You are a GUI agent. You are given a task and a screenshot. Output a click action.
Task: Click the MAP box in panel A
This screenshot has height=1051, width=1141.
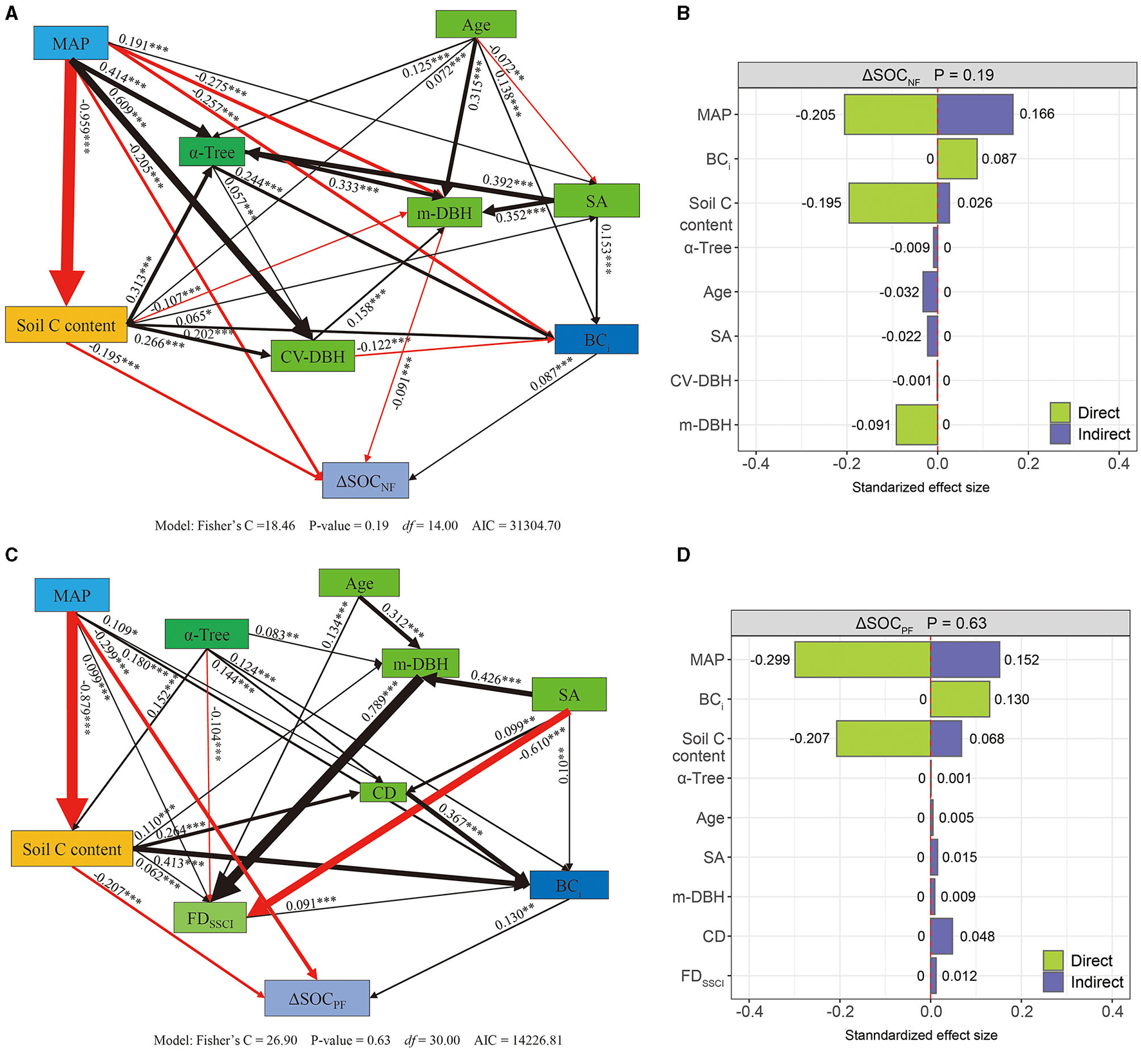click(71, 43)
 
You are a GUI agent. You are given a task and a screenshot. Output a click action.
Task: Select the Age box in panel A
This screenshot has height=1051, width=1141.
click(476, 24)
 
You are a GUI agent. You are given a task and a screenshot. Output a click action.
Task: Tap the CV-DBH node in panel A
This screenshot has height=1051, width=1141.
click(312, 356)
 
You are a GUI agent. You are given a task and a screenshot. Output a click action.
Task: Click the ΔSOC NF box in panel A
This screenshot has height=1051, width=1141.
click(365, 481)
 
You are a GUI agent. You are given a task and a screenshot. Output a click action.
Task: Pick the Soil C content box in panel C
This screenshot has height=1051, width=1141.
click(71, 849)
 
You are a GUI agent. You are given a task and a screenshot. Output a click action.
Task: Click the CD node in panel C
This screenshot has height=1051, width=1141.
click(384, 792)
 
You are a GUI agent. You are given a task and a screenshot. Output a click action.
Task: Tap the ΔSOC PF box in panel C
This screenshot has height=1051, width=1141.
click(317, 998)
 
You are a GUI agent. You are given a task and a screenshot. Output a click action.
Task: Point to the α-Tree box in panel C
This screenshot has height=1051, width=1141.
click(207, 635)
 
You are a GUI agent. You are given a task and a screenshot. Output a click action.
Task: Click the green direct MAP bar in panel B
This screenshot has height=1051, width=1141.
click(891, 115)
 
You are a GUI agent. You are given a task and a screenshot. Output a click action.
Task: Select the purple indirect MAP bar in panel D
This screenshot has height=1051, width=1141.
click(965, 660)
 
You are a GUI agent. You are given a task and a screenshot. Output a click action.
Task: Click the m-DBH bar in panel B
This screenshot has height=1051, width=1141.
click(916, 425)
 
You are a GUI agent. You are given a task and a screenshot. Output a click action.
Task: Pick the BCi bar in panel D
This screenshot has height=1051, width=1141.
click(959, 699)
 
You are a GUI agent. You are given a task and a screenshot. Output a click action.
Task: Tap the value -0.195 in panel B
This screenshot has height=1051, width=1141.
click(821, 203)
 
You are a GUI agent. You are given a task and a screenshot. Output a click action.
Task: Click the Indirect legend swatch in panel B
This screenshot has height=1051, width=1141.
click(1060, 434)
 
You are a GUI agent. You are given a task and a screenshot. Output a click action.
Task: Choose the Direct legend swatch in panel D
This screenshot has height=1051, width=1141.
click(1053, 960)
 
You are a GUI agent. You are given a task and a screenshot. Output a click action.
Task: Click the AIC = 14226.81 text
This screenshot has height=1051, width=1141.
click(518, 1040)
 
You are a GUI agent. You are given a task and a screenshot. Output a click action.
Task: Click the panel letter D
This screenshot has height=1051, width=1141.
click(684, 555)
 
